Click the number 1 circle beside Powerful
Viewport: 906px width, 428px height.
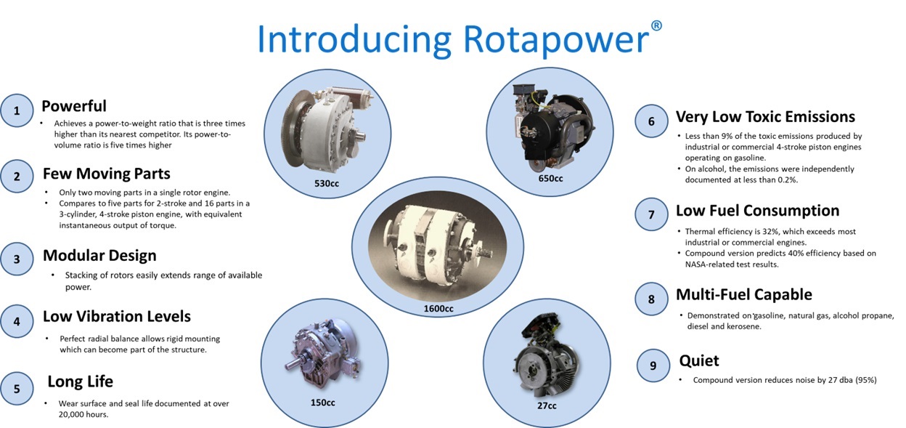click(x=17, y=110)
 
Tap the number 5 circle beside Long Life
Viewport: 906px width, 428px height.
click(x=17, y=389)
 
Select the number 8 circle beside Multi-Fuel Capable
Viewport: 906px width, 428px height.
click(x=651, y=299)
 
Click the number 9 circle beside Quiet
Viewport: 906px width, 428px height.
click(x=653, y=366)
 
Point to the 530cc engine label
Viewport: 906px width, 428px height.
click(x=327, y=183)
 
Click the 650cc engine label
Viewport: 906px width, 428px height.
click(x=550, y=178)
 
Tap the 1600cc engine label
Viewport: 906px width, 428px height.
click(x=438, y=309)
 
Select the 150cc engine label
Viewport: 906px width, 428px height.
click(x=322, y=403)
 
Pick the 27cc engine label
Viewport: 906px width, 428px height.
click(x=547, y=405)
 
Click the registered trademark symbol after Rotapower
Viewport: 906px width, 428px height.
click(x=656, y=25)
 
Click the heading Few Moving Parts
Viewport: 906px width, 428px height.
click(x=107, y=173)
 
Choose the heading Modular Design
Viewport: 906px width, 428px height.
click(x=99, y=256)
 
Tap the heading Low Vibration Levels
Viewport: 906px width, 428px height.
click(x=116, y=316)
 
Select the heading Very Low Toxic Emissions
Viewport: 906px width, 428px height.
click(x=765, y=116)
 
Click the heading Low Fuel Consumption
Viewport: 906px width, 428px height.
click(x=758, y=211)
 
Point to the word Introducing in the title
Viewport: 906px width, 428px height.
click(x=354, y=39)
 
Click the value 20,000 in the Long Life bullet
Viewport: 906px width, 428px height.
click(x=71, y=415)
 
